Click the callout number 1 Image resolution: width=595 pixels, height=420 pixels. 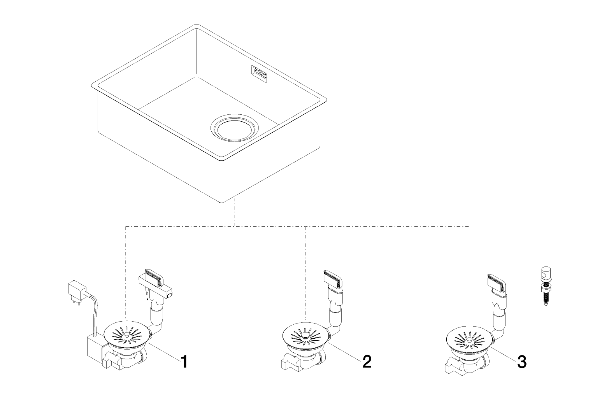tap(184, 362)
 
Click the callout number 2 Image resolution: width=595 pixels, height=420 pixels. tap(366, 362)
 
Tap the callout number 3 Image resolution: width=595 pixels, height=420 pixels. tap(521, 362)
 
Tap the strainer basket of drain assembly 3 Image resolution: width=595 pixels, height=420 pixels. tap(469, 336)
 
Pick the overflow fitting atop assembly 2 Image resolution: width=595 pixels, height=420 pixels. tap(333, 280)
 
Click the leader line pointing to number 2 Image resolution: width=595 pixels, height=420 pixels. tap(344, 352)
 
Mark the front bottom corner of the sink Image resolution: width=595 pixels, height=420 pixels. tap(222, 201)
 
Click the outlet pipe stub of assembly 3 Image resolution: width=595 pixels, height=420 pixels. tap(451, 367)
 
